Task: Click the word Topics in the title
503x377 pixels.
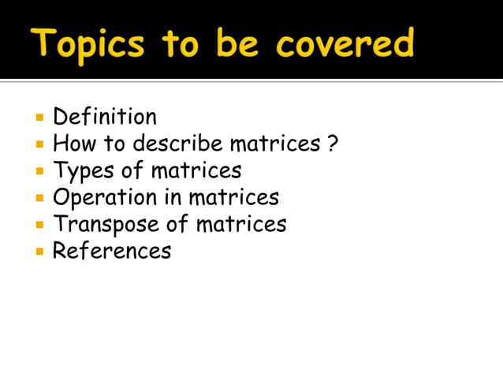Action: tap(88, 44)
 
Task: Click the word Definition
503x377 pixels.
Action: tap(104, 118)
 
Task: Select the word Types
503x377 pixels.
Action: tap(82, 171)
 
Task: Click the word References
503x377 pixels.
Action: tap(111, 252)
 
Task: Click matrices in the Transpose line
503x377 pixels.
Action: tap(240, 225)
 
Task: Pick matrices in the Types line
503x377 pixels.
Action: tap(196, 170)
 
